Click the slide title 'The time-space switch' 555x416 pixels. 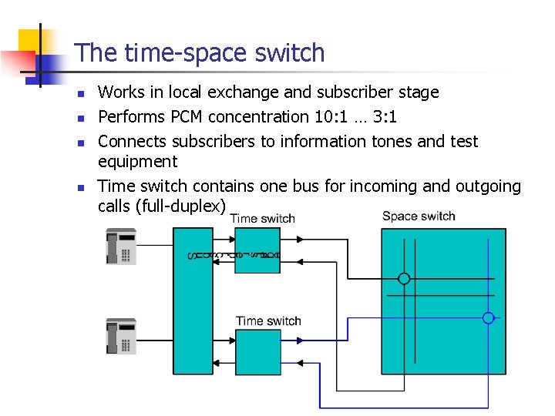[x=200, y=53]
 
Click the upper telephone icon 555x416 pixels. [x=121, y=246]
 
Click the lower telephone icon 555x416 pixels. [x=121, y=336]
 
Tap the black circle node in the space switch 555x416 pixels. [x=403, y=278]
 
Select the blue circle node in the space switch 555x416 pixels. [x=488, y=317]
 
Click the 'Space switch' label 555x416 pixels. [x=419, y=216]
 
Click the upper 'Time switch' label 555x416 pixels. [x=262, y=218]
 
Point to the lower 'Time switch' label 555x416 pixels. [x=268, y=320]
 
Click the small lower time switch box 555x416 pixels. [x=258, y=352]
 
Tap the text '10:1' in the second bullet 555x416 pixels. [x=328, y=117]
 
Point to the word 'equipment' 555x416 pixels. [x=137, y=162]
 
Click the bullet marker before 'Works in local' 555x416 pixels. [x=79, y=94]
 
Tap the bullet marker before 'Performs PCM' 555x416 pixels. [x=79, y=119]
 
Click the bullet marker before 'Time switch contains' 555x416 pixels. [x=79, y=188]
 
